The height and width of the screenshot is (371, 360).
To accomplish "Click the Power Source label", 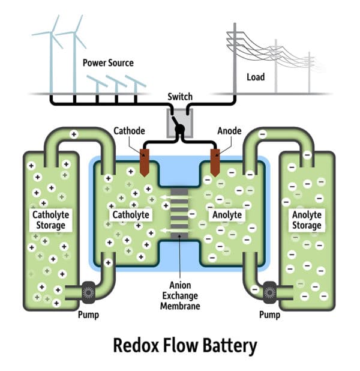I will click(108, 62).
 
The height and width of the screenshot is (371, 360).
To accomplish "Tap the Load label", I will click(256, 77).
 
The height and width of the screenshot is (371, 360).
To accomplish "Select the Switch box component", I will click(179, 122).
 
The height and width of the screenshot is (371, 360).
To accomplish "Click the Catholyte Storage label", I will click(50, 220).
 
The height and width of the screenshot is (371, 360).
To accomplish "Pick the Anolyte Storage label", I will click(307, 220).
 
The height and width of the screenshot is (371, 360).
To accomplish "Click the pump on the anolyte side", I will click(269, 292).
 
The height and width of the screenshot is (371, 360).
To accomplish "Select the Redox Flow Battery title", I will click(179, 346).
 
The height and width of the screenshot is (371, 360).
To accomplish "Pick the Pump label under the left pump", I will click(89, 315).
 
